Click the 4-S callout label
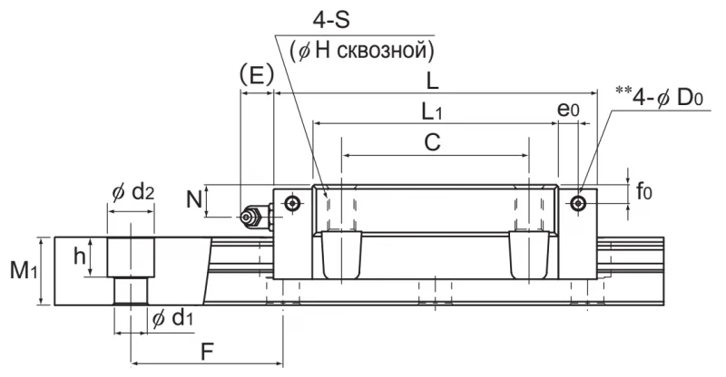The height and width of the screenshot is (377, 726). [x=331, y=21]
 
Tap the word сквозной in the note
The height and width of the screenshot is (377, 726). [x=386, y=51]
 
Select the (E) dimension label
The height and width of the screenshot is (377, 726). [x=257, y=75]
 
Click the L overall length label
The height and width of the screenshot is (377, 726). [x=432, y=82]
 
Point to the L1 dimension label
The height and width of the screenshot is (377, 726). [x=432, y=112]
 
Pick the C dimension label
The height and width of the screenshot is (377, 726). [x=433, y=142]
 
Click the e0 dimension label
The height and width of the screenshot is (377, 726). [x=568, y=110]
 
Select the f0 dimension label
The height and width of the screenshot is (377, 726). [x=643, y=190]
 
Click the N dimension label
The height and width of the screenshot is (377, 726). [x=194, y=200]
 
